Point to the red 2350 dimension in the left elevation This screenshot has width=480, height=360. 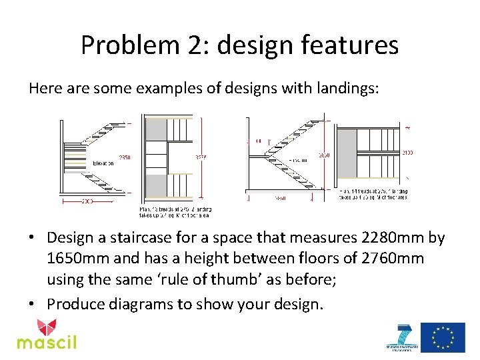click(125, 158)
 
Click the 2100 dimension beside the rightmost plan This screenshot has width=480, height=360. click(406, 153)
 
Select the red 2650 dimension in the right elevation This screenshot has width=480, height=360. click(323, 155)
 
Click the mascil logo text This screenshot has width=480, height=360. click(47, 343)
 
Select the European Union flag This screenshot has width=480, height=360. click(443, 337)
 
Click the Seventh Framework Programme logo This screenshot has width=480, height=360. click(403, 337)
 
